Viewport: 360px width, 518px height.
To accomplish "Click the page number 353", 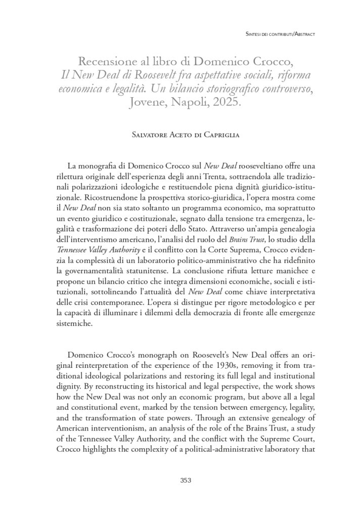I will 186,481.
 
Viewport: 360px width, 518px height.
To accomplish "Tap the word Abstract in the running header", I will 300,34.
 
